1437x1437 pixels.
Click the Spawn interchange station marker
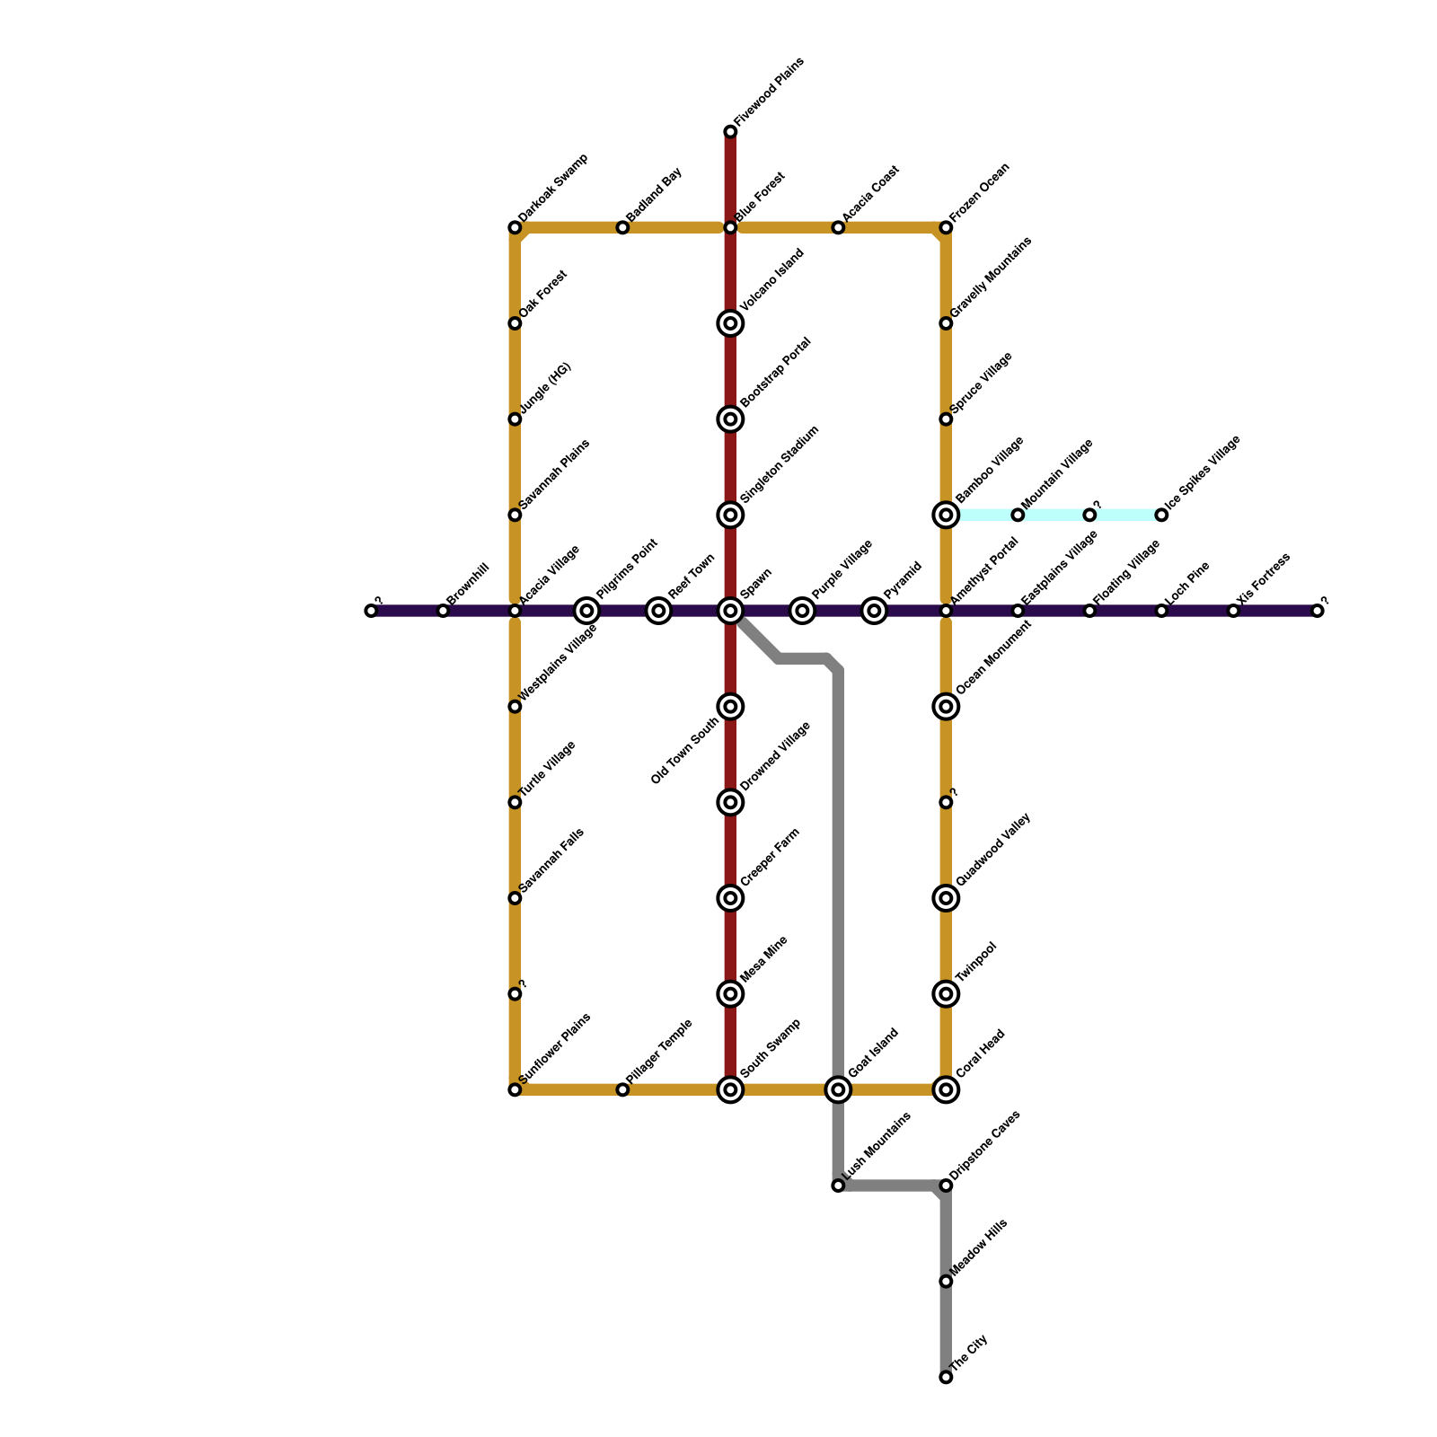tap(730, 611)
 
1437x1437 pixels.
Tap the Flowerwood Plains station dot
tap(730, 132)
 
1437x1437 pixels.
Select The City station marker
tap(946, 1377)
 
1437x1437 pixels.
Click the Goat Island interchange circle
tap(838, 1089)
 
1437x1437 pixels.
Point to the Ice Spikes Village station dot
tap(1161, 515)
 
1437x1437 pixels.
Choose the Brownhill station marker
tap(443, 611)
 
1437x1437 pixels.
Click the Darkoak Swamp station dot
tap(515, 227)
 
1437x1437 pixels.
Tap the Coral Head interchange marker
tap(946, 1089)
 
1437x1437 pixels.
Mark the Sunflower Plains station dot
tap(515, 1089)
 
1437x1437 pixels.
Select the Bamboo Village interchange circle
tap(946, 515)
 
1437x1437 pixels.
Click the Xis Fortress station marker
tap(1233, 611)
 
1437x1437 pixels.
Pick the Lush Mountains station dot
tap(838, 1186)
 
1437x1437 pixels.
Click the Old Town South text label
tap(685, 751)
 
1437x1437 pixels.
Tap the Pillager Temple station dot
tap(622, 1089)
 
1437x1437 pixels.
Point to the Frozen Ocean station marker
tap(946, 227)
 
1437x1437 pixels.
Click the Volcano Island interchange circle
tap(730, 323)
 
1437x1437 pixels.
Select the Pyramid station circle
tap(874, 611)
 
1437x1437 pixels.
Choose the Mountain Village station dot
tap(1018, 515)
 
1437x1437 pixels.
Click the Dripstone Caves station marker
tap(946, 1186)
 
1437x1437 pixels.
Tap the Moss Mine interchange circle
tap(730, 993)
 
